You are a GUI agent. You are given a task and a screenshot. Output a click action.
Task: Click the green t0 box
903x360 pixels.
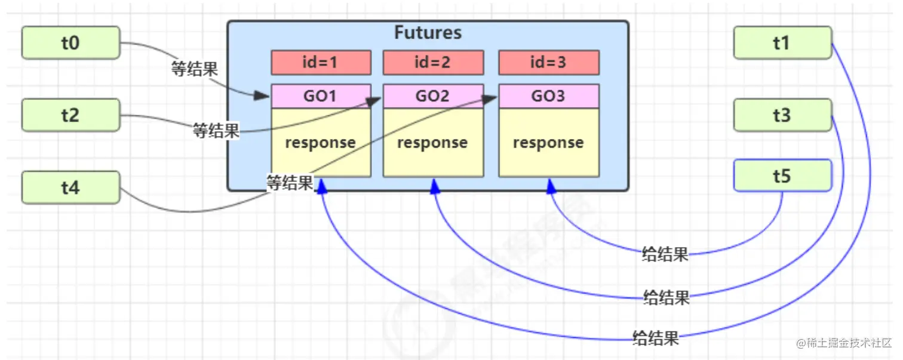point(70,42)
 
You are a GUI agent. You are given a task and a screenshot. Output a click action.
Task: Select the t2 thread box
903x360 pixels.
point(70,115)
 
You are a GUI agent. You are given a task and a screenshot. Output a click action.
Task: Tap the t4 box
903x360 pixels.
point(70,187)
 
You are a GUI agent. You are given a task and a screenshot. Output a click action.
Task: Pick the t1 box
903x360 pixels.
point(782,42)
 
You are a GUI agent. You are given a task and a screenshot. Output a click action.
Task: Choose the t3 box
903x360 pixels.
point(782,115)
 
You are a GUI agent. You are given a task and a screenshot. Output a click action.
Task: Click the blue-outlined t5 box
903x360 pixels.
point(782,176)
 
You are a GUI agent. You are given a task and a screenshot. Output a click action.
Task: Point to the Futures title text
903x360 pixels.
point(428,32)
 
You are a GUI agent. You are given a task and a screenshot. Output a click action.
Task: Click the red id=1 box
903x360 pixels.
point(321,62)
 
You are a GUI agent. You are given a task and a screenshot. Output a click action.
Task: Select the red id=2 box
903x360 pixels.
point(432,62)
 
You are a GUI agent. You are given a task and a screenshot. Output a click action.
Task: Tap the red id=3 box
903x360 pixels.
point(548,62)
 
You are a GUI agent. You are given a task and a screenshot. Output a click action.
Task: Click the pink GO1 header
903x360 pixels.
point(321,96)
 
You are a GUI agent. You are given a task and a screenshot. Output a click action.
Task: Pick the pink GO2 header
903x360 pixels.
point(432,96)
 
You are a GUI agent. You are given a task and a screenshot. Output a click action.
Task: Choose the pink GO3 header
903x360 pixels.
point(548,96)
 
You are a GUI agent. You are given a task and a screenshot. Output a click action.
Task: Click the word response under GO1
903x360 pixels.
point(320,143)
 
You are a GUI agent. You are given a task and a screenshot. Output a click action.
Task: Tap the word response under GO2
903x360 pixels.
point(432,143)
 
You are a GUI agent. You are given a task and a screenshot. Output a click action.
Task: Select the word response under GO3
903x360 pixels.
point(548,143)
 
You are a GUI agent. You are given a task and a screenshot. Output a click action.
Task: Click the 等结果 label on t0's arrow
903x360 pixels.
point(195,69)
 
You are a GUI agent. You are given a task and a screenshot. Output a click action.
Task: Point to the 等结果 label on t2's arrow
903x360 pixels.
point(216,131)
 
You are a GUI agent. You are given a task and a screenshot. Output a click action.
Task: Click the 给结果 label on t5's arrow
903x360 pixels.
point(665,254)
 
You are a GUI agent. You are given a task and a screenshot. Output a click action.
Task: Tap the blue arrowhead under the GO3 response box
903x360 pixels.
point(551,186)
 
